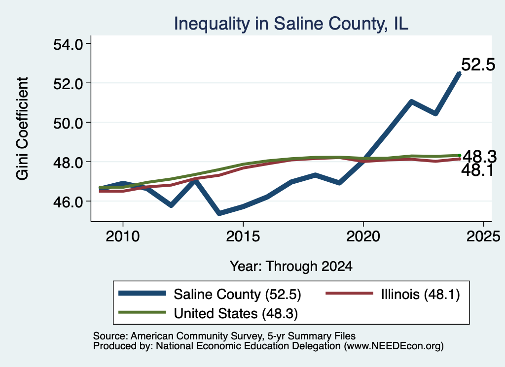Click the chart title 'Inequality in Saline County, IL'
click(291, 24)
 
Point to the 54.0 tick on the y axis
click(68, 44)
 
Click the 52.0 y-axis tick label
click(68, 84)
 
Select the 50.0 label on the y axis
click(68, 123)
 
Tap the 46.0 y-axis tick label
click(68, 201)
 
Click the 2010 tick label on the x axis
click(123, 236)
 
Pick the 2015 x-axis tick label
click(243, 236)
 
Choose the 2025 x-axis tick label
click(483, 236)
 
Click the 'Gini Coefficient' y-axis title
click(23, 129)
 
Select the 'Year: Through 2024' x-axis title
click(291, 267)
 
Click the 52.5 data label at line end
click(478, 65)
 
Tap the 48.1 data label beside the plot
click(477, 170)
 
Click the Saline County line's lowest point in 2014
click(219, 213)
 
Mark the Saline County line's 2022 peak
click(411, 102)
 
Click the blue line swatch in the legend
click(142, 293)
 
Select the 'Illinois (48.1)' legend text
click(420, 294)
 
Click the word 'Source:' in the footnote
click(110, 336)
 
